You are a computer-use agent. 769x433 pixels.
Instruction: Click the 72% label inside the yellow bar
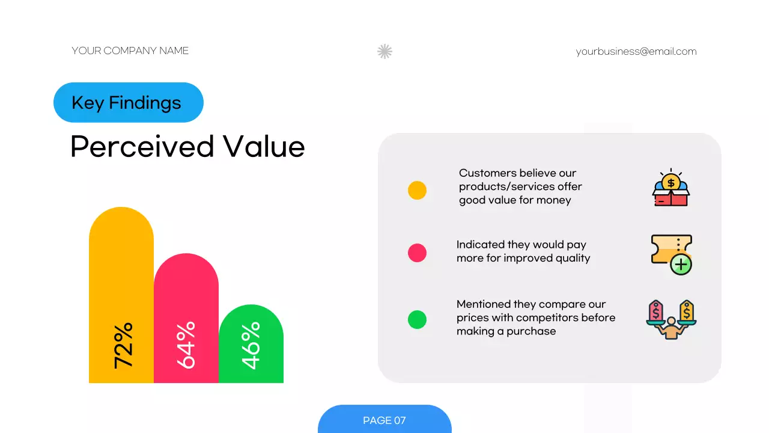123,345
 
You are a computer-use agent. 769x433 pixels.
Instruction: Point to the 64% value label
186,345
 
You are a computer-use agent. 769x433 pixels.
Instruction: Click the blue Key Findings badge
128,103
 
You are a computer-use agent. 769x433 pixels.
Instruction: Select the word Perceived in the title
142,147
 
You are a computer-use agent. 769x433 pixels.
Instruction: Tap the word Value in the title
264,147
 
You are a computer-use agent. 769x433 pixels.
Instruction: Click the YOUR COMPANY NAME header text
130,51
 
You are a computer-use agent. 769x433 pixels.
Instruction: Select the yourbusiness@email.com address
636,52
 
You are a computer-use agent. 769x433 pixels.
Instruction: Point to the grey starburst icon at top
384,52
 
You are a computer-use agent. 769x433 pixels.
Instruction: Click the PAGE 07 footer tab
384,420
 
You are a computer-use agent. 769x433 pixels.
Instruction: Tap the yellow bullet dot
417,190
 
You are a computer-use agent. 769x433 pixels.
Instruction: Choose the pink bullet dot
417,253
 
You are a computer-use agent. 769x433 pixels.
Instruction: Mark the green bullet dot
417,319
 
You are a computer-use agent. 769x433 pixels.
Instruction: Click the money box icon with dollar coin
670,188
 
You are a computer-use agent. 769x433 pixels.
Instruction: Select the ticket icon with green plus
671,254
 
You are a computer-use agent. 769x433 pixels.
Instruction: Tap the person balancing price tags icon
671,319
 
